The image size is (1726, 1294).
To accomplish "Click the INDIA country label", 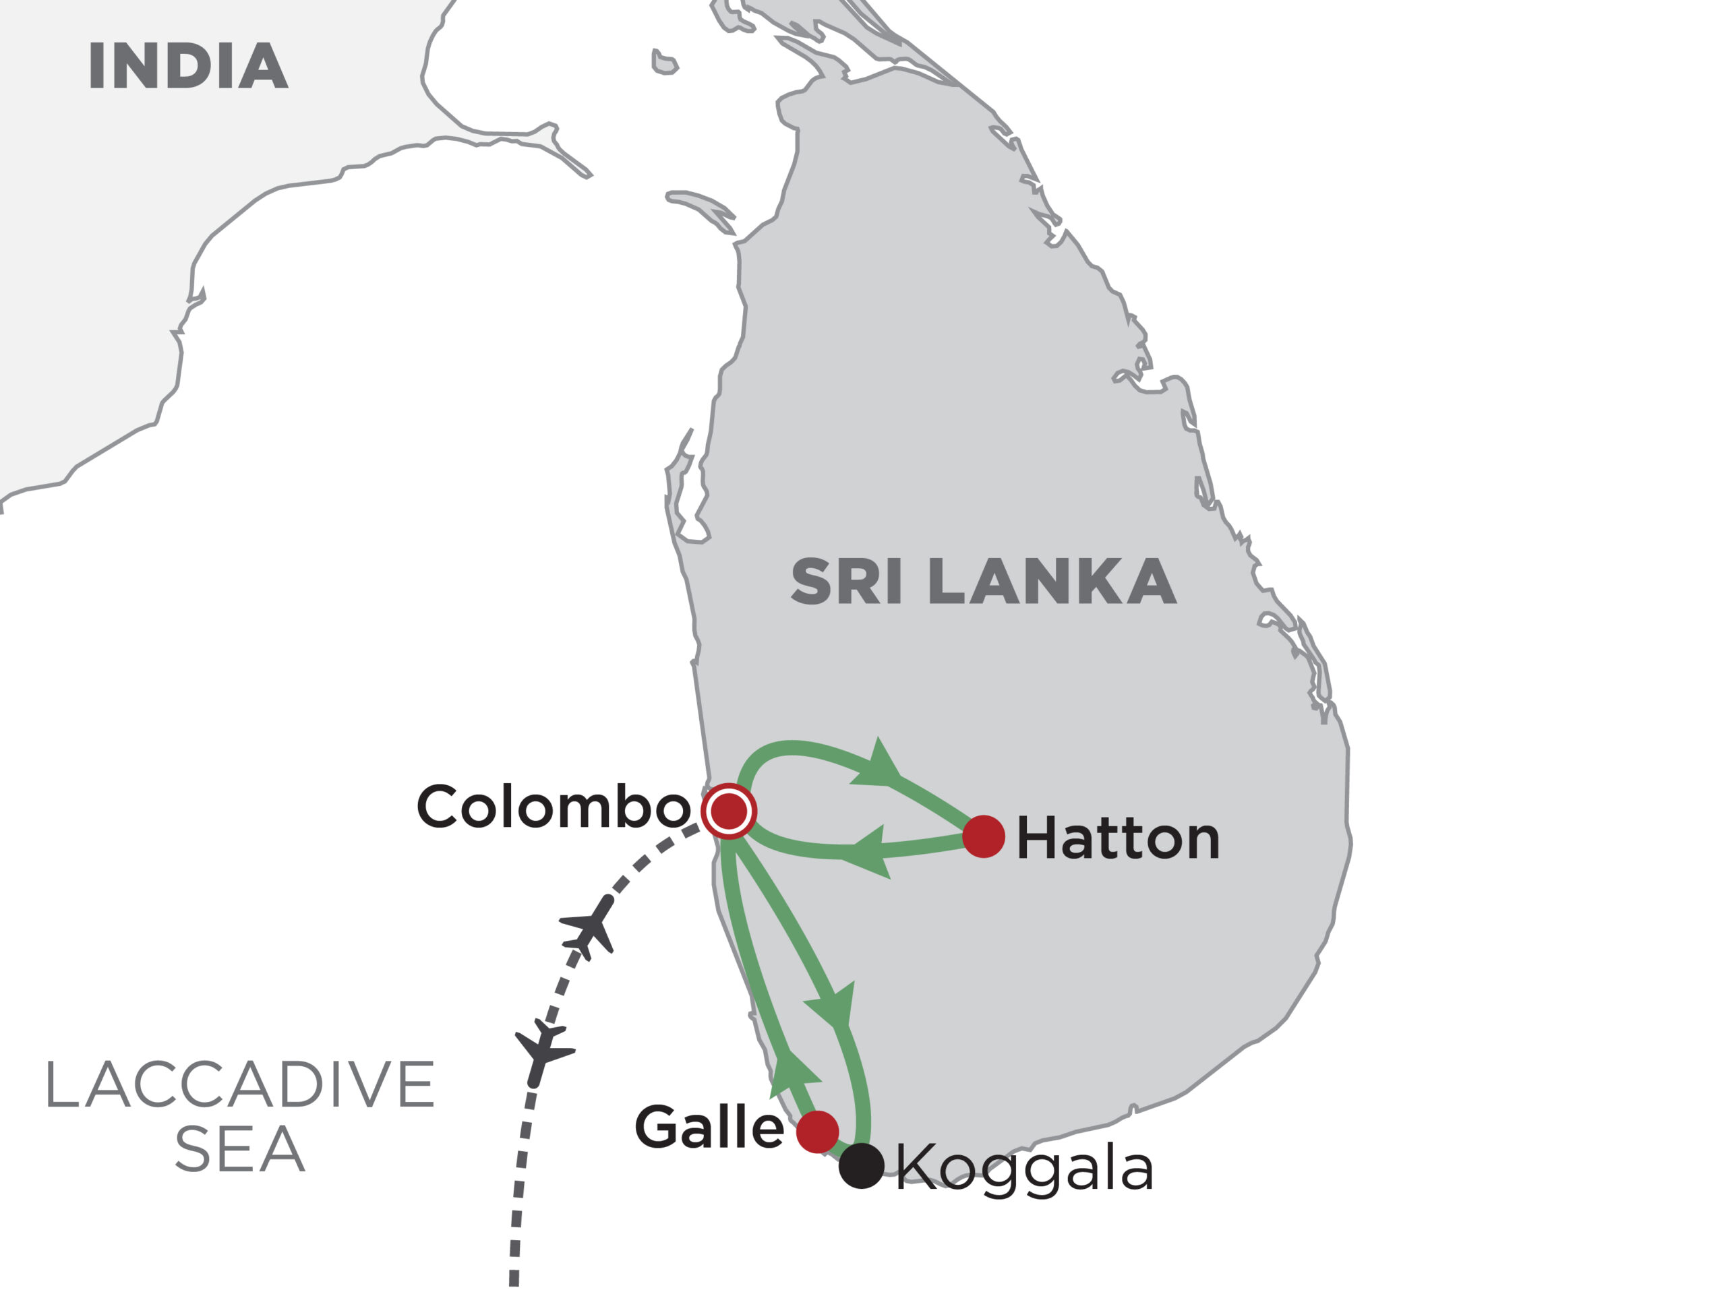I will [188, 66].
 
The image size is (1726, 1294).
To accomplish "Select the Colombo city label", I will [554, 807].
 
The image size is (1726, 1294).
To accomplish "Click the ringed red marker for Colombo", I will [729, 811].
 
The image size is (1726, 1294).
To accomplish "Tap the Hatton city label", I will [1117, 839].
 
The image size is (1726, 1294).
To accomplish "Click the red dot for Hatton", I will [983, 837].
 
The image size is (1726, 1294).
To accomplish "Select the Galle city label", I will [709, 1128].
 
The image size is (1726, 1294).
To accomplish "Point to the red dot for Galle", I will [817, 1132].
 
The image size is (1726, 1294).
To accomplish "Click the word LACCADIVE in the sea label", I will [239, 1085].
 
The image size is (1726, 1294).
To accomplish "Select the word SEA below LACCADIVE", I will [239, 1149].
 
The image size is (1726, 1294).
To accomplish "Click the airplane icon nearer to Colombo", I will [591, 929].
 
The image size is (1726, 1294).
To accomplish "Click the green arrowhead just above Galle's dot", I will [792, 1072].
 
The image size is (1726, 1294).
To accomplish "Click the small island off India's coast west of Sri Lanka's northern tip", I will [664, 63].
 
